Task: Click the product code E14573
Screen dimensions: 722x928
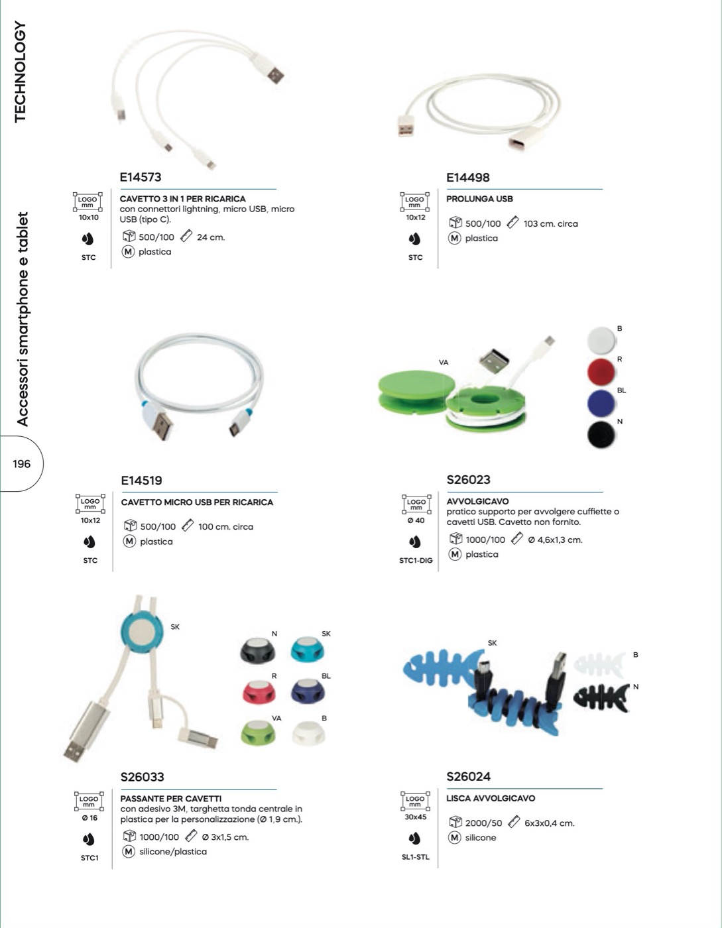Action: click(x=141, y=177)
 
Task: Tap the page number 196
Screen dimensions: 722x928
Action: click(x=21, y=464)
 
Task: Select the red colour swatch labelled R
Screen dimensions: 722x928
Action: click(x=601, y=372)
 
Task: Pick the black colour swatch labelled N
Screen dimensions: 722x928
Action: click(x=601, y=435)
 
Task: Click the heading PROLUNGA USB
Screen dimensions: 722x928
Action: click(x=479, y=199)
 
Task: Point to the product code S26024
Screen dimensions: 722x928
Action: click(x=468, y=776)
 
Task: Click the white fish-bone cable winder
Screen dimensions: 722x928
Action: click(x=599, y=664)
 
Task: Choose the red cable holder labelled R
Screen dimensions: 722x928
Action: click(x=259, y=691)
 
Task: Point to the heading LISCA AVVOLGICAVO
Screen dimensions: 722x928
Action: click(x=491, y=798)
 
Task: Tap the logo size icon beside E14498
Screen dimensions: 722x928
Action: click(x=414, y=202)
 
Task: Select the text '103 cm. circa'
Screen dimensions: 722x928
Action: click(x=551, y=224)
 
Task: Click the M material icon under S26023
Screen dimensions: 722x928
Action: click(x=455, y=554)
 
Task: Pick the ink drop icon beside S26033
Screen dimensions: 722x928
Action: click(x=88, y=840)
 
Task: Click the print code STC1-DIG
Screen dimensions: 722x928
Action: click(x=416, y=560)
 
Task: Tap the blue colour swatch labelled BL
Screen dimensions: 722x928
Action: click(x=601, y=403)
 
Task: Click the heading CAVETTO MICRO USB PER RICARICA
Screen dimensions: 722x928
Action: click(x=197, y=502)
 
